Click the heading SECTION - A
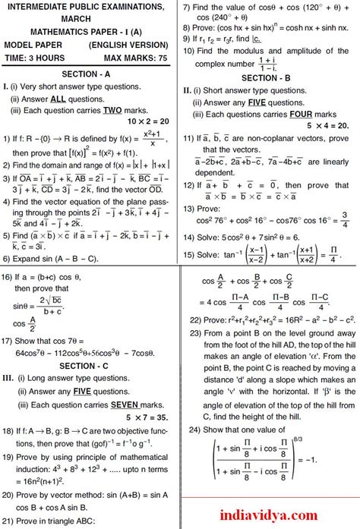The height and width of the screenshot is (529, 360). pos(90,74)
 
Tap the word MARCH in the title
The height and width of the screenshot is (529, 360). pos(90,19)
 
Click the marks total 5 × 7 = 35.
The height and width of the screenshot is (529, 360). pos(148,417)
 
